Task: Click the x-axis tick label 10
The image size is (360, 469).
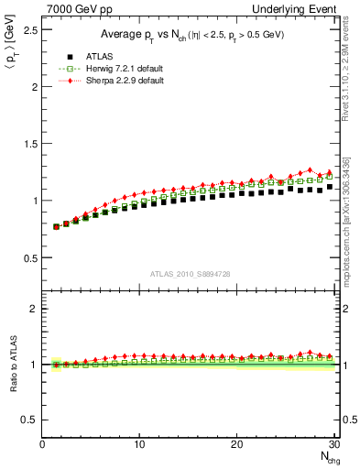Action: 139,444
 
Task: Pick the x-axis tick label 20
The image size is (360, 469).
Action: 236,444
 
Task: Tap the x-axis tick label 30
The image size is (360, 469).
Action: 333,444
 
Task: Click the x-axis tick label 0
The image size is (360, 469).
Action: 42,444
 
